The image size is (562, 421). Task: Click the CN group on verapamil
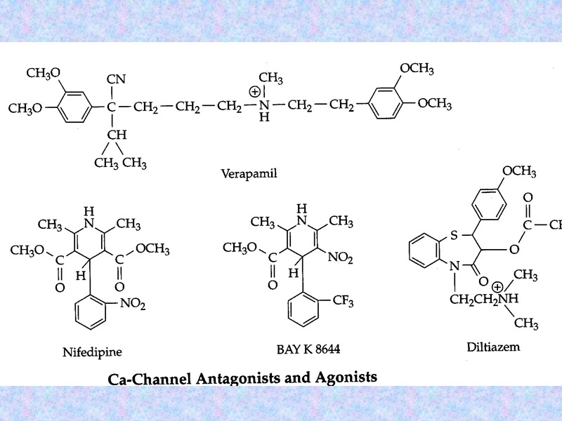pos(116,79)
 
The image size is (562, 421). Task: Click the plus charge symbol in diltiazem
pos(498,287)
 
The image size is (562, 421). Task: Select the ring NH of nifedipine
pos(88,217)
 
